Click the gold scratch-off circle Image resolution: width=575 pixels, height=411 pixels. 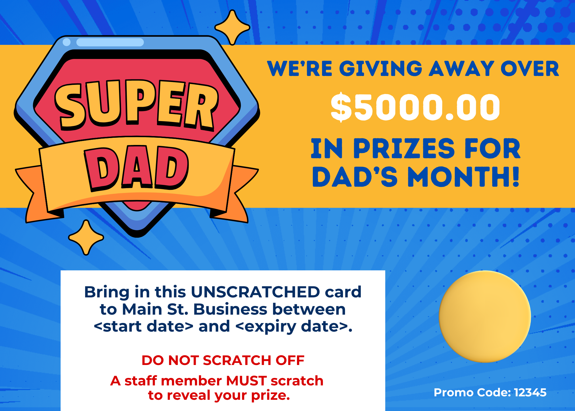coord(485,316)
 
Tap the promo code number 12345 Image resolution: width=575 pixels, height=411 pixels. coord(530,393)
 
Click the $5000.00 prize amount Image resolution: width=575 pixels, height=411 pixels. coord(415,107)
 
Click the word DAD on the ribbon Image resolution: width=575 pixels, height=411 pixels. coord(136,168)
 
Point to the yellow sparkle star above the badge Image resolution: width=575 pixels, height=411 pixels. coord(232,28)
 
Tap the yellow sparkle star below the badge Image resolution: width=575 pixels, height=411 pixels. coord(86,238)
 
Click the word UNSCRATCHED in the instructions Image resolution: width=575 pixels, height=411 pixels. coord(255,292)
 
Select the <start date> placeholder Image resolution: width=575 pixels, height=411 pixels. coord(143,326)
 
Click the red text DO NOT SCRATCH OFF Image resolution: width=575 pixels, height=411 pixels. coord(223,360)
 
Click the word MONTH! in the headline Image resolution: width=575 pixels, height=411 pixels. coord(463,177)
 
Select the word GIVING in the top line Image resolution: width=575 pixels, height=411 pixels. coord(381,69)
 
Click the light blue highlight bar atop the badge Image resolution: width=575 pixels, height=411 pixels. coord(110,42)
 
